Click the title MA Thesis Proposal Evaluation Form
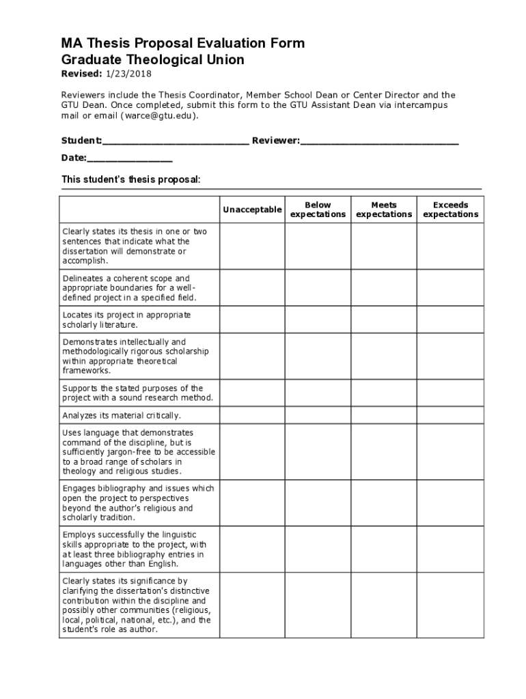[x=183, y=44]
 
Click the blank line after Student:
[x=176, y=141]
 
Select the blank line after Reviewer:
[x=379, y=141]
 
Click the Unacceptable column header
[x=251, y=210]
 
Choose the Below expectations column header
[x=318, y=210]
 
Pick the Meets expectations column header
[x=384, y=210]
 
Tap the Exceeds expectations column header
[x=450, y=210]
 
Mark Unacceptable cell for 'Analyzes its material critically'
[x=251, y=416]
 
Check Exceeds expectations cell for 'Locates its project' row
[x=450, y=320]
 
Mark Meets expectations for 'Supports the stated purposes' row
[x=384, y=393]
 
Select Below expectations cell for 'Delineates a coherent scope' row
[x=318, y=288]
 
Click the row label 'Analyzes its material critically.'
[x=122, y=416]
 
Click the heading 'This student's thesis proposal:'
[x=131, y=180]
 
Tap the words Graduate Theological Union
[x=152, y=60]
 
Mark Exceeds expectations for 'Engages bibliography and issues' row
[x=450, y=503]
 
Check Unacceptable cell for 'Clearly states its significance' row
[x=251, y=605]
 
